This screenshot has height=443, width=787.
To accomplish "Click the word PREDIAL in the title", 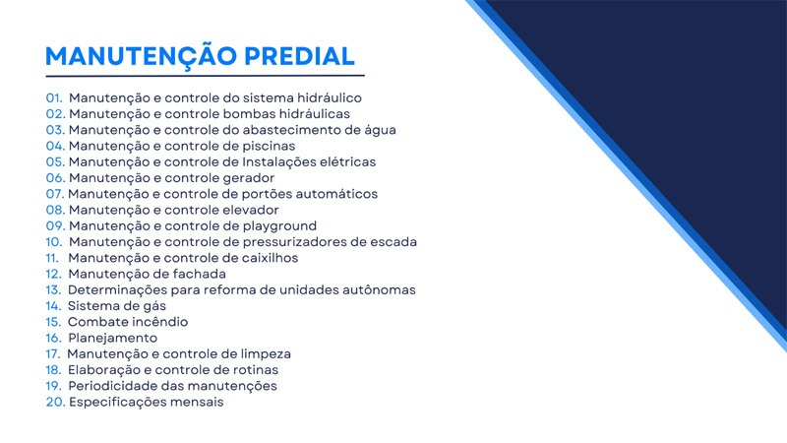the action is click(300, 56).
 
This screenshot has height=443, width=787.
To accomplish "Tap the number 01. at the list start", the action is click(54, 97).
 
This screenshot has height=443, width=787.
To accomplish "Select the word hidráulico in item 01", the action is click(330, 97).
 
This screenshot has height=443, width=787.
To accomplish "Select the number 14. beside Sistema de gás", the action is click(53, 306).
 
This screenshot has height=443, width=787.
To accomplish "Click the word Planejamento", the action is click(113, 339).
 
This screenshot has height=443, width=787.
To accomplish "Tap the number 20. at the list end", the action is click(56, 403).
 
